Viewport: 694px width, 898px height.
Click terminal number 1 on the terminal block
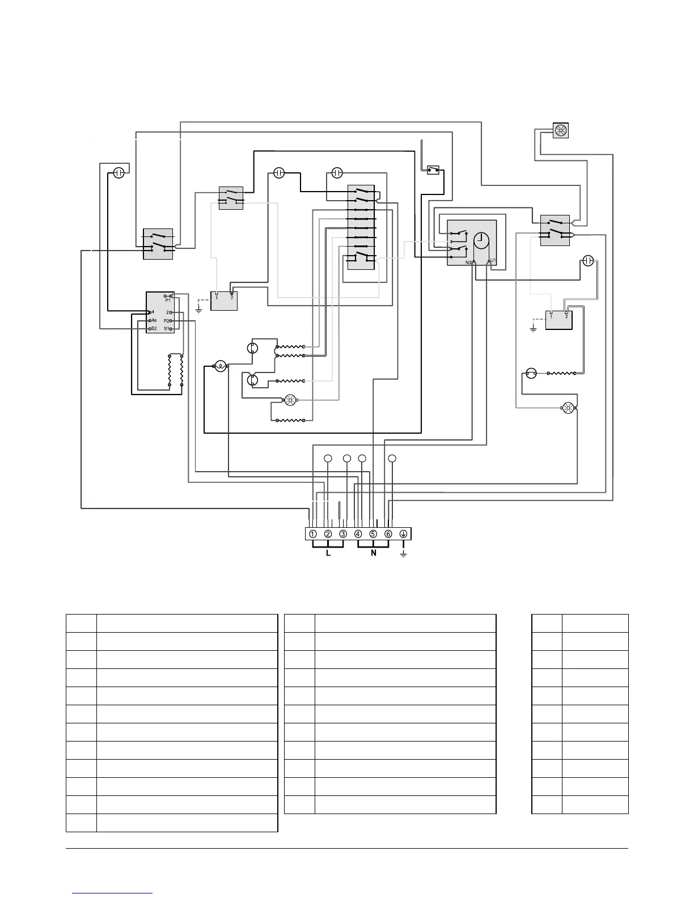pos(313,534)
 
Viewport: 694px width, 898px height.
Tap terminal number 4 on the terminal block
pos(358,534)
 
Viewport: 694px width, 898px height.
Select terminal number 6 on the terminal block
pos(388,534)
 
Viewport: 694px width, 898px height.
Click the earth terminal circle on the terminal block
pos(404,534)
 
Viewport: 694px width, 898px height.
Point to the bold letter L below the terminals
pos(328,553)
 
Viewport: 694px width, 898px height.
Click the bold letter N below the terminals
pos(374,553)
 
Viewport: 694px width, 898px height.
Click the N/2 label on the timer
pos(469,262)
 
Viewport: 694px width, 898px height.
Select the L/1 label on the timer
pos(492,261)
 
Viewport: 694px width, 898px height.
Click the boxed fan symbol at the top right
pos(560,131)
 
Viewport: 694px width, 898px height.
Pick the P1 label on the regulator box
pos(160,300)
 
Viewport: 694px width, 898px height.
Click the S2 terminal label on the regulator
pos(154,329)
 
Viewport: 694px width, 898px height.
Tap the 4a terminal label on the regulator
pos(154,320)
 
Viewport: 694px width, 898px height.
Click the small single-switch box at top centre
pos(434,170)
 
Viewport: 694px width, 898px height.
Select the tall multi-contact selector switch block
pos(361,227)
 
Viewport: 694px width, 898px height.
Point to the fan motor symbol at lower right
pos(567,408)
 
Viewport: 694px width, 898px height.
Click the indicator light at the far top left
pos(119,172)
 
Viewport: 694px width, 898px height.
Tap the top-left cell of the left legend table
pos(81,623)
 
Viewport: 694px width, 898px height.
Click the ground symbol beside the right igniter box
pos(533,328)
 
